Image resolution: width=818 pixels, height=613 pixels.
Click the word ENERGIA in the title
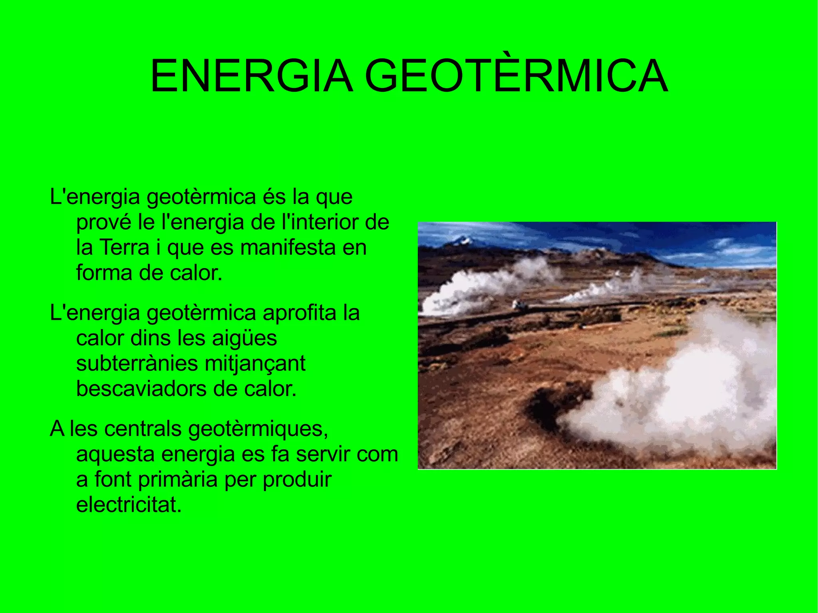[x=252, y=76]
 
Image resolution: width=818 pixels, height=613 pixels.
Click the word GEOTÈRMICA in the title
[x=516, y=76]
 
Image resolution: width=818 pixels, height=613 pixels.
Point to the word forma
[x=104, y=273]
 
